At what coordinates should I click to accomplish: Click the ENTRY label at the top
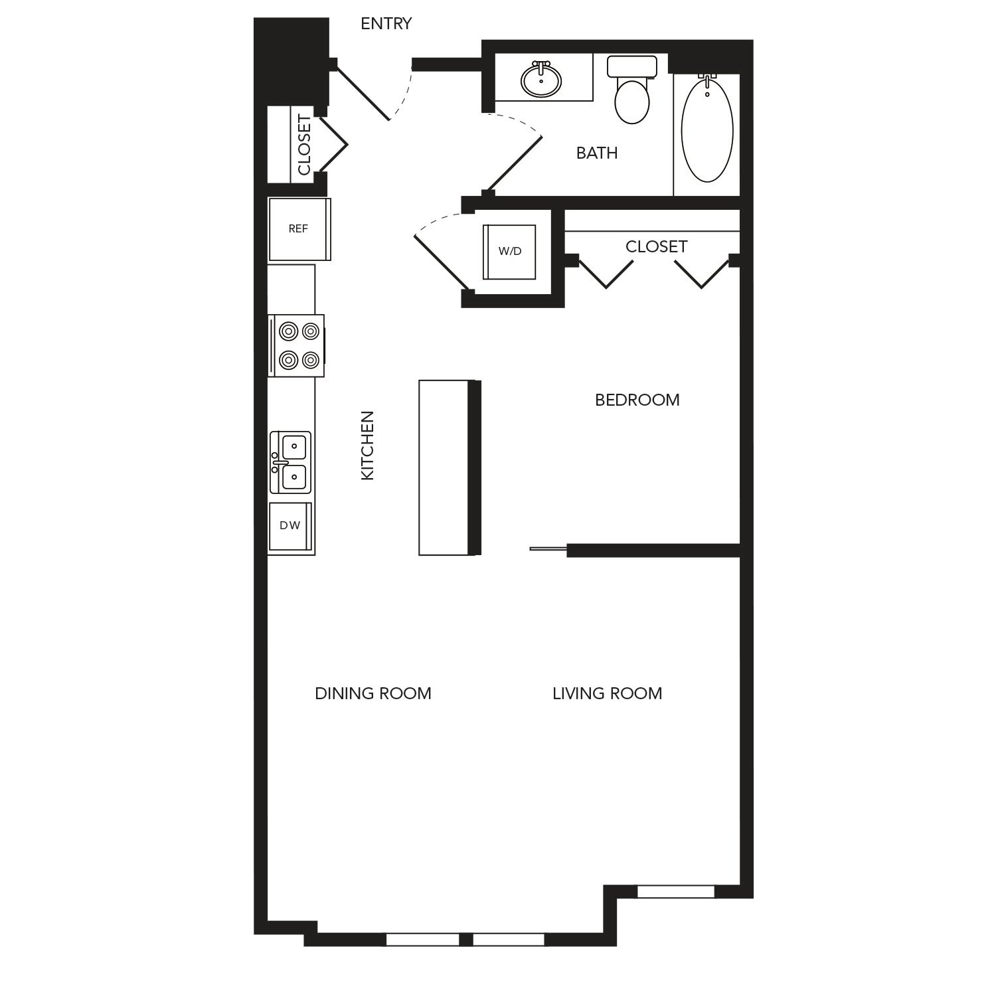tap(386, 24)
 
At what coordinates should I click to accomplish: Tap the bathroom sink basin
tap(542, 79)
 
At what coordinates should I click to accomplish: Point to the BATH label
tap(597, 153)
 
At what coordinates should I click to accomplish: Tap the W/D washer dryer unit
tap(510, 252)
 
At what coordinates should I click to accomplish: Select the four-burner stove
tap(296, 345)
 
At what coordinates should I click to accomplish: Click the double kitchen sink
tap(290, 462)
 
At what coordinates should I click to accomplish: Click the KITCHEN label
tap(367, 446)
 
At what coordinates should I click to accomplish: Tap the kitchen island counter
tap(450, 467)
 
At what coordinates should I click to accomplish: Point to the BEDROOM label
tap(637, 400)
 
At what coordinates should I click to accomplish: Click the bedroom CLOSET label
tap(656, 246)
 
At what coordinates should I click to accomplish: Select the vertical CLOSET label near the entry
tap(304, 145)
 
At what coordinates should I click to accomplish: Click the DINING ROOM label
tap(373, 693)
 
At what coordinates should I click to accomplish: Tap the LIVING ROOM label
tap(608, 693)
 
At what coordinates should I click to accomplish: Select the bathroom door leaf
tap(515, 164)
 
